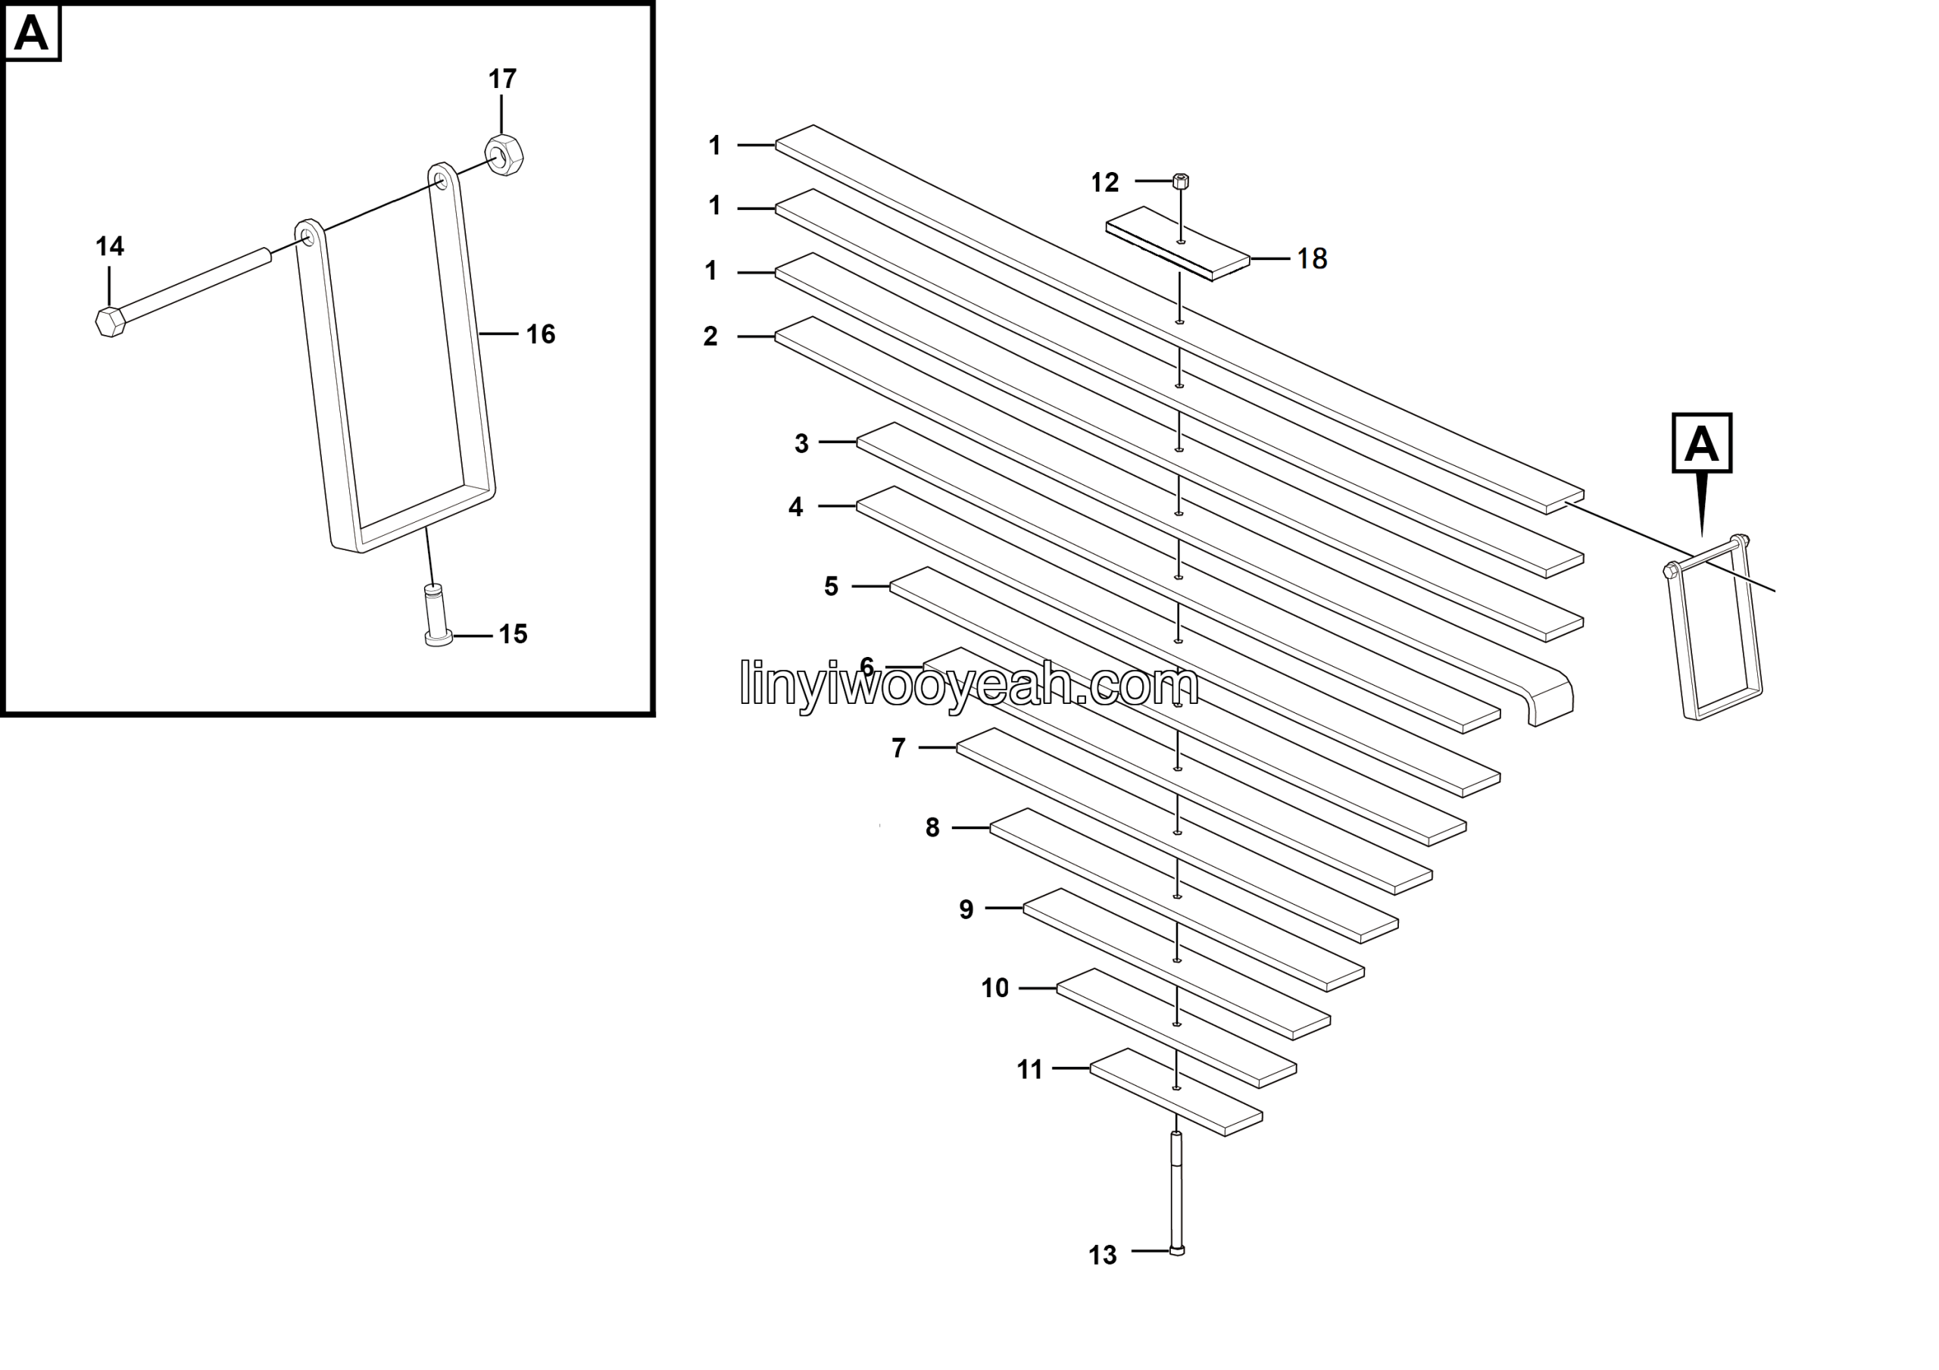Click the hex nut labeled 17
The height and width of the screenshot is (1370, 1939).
[x=504, y=155]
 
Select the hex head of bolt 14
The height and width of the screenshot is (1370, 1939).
[x=111, y=322]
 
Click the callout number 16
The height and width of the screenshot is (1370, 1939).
[x=541, y=334]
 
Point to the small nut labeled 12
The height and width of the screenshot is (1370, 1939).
[x=1181, y=181]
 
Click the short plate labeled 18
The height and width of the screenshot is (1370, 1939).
[x=1178, y=244]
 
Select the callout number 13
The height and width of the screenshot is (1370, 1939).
[x=1102, y=1255]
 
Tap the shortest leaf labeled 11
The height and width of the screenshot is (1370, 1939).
[x=1176, y=1092]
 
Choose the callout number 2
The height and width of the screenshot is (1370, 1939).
[x=710, y=336]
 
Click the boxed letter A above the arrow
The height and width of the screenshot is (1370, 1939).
[x=1702, y=443]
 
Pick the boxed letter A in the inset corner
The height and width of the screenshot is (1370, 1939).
[x=32, y=33]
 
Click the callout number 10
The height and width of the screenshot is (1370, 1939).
[x=994, y=988]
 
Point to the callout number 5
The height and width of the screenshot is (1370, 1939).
[x=831, y=586]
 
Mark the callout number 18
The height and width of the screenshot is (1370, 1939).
[x=1312, y=258]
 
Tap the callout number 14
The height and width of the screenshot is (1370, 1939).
[x=110, y=246]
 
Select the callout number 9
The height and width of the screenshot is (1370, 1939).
[x=966, y=909]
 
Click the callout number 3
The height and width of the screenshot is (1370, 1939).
[x=801, y=443]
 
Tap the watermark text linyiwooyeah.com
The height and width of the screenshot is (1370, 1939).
[x=969, y=683]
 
